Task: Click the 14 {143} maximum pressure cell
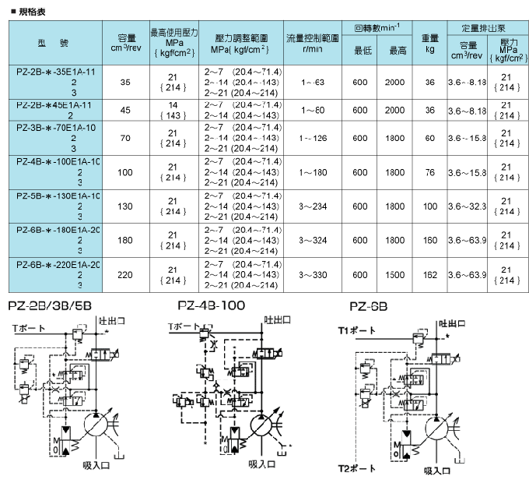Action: tap(173, 110)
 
